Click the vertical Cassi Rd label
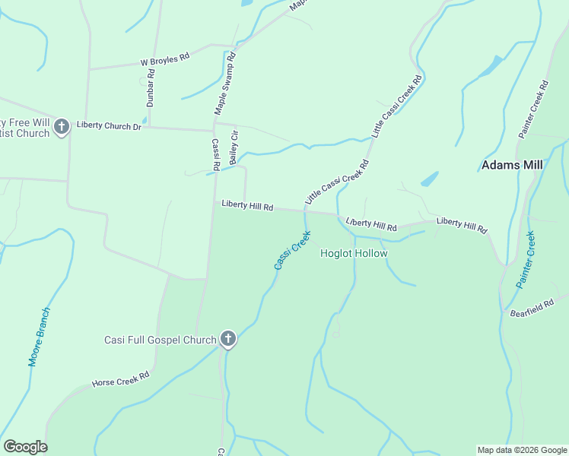click(x=215, y=154)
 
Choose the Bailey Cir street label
click(x=234, y=147)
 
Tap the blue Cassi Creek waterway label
click(x=292, y=250)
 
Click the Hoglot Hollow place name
click(x=354, y=254)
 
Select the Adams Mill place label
click(x=510, y=165)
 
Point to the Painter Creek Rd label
click(x=534, y=109)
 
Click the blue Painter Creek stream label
click(x=526, y=260)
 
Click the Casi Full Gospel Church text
click(x=161, y=340)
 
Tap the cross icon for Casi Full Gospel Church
click(x=228, y=339)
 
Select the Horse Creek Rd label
click(x=120, y=379)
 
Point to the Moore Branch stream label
click(x=39, y=337)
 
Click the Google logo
click(x=25, y=447)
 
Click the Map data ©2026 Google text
click(x=521, y=450)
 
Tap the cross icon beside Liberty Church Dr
click(x=62, y=126)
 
